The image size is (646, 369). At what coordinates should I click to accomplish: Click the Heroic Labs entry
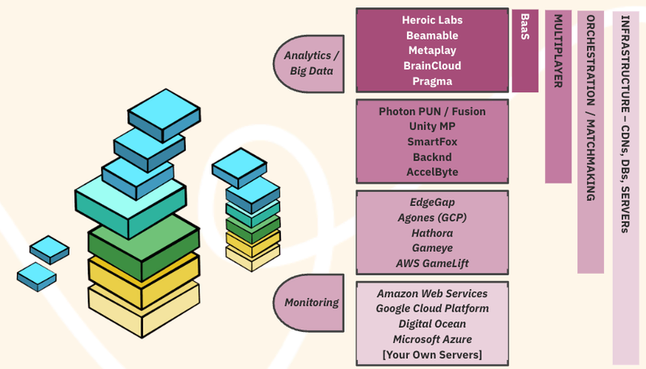coord(432,19)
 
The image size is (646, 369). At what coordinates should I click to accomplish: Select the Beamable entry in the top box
coord(432,36)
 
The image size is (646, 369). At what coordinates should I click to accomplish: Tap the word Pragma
coord(432,82)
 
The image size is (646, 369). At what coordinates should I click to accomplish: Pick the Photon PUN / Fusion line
coord(432,111)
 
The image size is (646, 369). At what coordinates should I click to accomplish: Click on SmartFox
coord(432,142)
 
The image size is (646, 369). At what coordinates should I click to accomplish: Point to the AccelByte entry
coord(432,172)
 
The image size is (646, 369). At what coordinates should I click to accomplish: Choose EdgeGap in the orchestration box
coord(432,202)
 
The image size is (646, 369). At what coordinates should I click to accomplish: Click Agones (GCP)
coord(432,217)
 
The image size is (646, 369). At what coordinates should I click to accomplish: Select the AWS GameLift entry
coord(432,263)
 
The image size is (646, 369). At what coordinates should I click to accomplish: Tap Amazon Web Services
coord(432,293)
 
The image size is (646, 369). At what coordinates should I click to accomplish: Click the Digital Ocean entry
coord(432,324)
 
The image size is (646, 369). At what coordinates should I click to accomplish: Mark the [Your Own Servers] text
coord(432,354)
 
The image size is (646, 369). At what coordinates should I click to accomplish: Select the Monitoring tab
coord(312,303)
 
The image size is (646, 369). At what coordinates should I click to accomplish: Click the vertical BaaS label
coord(525,28)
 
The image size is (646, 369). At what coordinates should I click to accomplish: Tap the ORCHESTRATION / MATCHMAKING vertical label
coord(590,108)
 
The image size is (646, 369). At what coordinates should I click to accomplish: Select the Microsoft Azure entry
coord(432,339)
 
